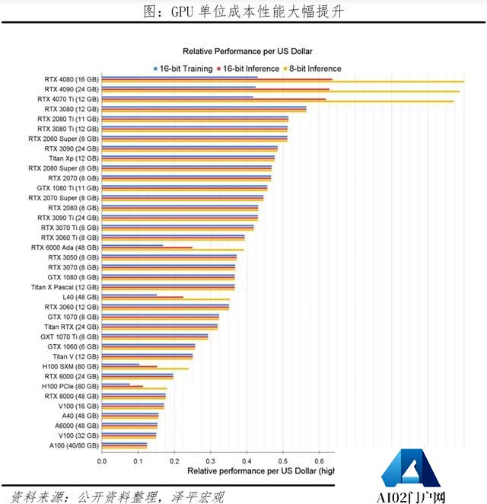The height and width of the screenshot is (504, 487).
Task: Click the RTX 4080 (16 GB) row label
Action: [x=72, y=79]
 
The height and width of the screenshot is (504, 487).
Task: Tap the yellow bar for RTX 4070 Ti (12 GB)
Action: [x=277, y=101]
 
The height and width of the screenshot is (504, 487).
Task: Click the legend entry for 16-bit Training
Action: [x=183, y=69]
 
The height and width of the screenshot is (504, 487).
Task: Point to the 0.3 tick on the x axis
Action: [x=210, y=461]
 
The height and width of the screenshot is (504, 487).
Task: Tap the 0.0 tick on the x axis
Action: [x=102, y=461]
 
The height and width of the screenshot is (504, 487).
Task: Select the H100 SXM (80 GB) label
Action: [x=70, y=366]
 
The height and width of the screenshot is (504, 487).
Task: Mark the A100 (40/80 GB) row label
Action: [x=74, y=445]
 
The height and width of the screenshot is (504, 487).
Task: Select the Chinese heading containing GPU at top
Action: [x=243, y=11]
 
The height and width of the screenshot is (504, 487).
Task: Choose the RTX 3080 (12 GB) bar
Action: [x=204, y=109]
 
